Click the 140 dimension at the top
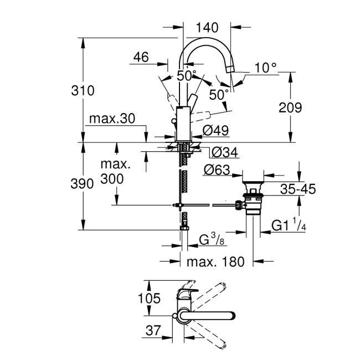tap(208, 27)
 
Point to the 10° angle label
tap(266, 68)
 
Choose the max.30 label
tap(112, 120)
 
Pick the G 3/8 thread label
tap(212, 239)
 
